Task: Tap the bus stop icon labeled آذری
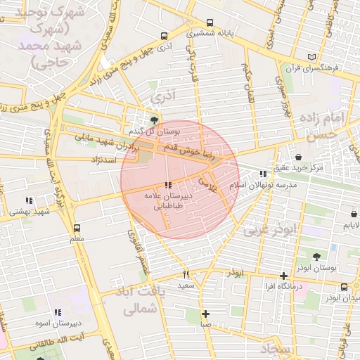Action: click(x=164, y=35)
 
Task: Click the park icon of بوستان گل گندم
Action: click(x=155, y=120)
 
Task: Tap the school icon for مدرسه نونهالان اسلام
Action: click(x=262, y=173)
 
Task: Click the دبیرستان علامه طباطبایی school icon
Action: click(x=166, y=186)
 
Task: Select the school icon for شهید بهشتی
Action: click(x=29, y=200)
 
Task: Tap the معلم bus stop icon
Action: click(x=77, y=228)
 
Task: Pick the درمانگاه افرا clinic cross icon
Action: click(x=283, y=276)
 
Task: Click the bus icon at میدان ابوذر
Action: click(x=344, y=287)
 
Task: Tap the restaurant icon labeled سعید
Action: click(x=186, y=275)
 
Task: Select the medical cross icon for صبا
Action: click(x=205, y=314)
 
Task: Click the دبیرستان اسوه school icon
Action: click(x=58, y=312)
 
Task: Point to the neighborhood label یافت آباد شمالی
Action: click(x=132, y=300)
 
